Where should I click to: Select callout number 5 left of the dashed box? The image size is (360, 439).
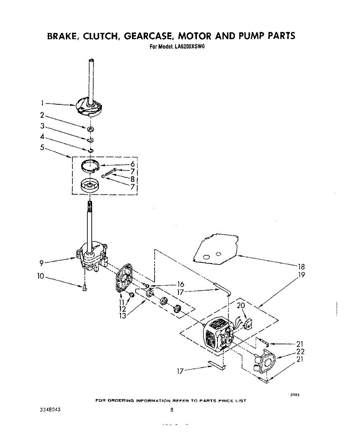(x=42, y=147)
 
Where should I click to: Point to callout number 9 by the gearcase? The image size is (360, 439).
(x=42, y=262)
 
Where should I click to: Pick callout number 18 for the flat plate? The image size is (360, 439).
(x=302, y=267)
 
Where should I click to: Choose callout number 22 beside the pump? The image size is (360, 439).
(x=300, y=352)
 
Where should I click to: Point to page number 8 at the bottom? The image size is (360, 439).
(x=171, y=410)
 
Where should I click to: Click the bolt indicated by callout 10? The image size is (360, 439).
(x=84, y=288)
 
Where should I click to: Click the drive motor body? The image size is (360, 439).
(x=216, y=335)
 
